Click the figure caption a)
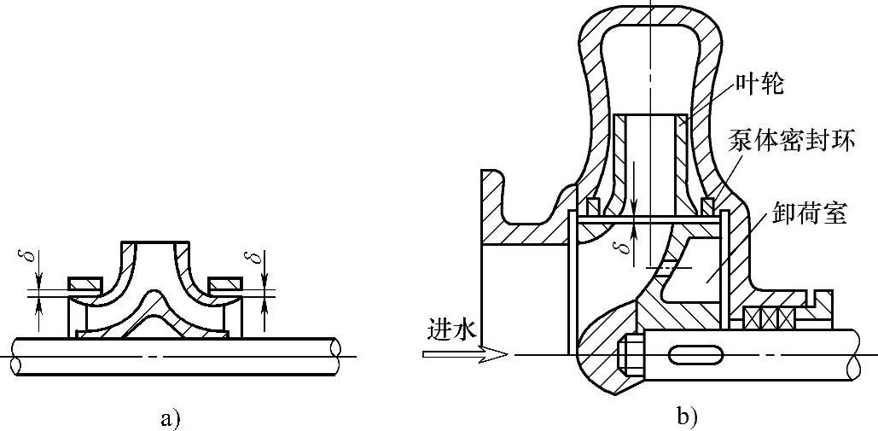point(170,418)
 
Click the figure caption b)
point(686,418)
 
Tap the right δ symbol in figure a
point(248,257)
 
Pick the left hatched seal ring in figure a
point(84,282)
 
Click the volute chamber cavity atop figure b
point(651,60)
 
